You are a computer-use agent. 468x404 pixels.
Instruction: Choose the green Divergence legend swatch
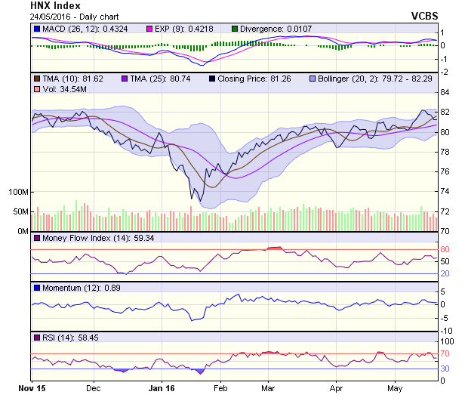[235, 29]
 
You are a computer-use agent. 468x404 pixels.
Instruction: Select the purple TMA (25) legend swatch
[125, 79]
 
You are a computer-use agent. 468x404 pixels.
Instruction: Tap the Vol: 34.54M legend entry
[60, 90]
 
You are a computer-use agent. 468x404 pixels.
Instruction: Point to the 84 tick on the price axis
[445, 92]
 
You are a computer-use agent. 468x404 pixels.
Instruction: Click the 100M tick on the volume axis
[19, 192]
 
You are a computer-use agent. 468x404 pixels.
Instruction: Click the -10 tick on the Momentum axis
[447, 331]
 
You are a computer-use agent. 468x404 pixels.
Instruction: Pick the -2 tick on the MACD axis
[445, 72]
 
